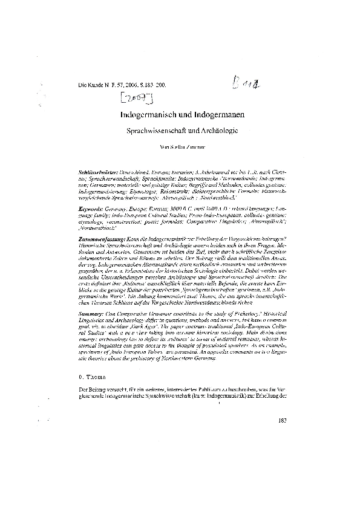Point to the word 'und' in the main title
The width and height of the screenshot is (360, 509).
(x=183, y=114)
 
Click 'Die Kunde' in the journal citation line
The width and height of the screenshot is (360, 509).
(x=91, y=88)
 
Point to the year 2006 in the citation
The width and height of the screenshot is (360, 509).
(x=133, y=88)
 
